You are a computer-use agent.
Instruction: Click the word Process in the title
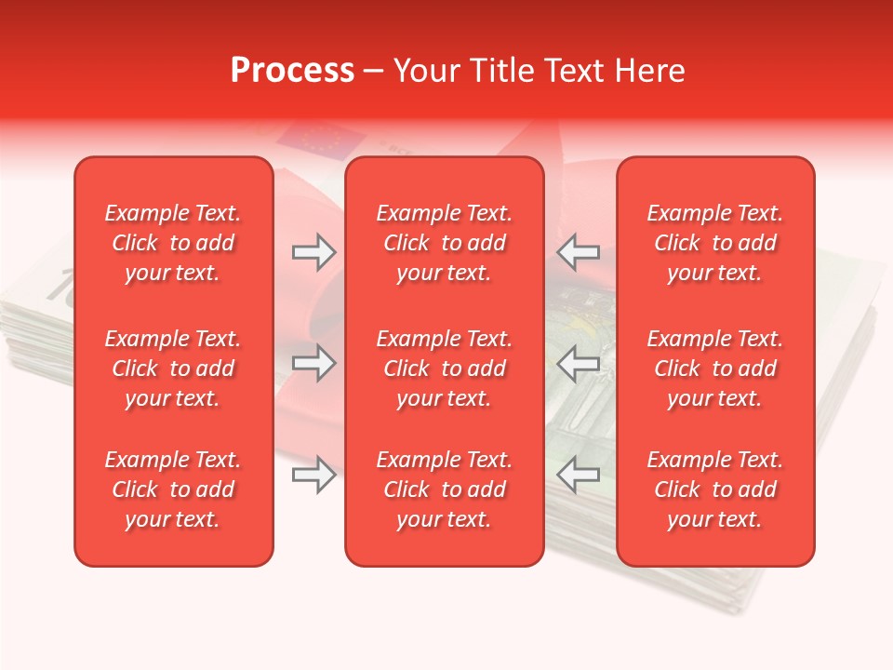tap(292, 71)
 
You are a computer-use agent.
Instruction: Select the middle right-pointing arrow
tap(313, 364)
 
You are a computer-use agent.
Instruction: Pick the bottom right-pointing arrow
tap(313, 476)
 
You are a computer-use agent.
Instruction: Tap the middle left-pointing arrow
tap(579, 364)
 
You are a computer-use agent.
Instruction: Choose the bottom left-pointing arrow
tap(579, 476)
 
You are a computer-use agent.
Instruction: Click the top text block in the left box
tap(173, 243)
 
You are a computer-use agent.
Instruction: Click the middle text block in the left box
tap(173, 368)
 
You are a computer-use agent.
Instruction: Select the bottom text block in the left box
tap(173, 489)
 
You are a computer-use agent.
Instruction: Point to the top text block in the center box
tap(445, 243)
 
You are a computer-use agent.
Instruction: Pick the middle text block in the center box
tap(445, 368)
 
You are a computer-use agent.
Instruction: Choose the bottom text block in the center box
tap(445, 489)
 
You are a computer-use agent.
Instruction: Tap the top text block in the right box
tap(715, 243)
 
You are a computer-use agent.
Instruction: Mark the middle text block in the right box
tap(715, 368)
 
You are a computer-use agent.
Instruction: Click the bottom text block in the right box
tap(715, 489)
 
